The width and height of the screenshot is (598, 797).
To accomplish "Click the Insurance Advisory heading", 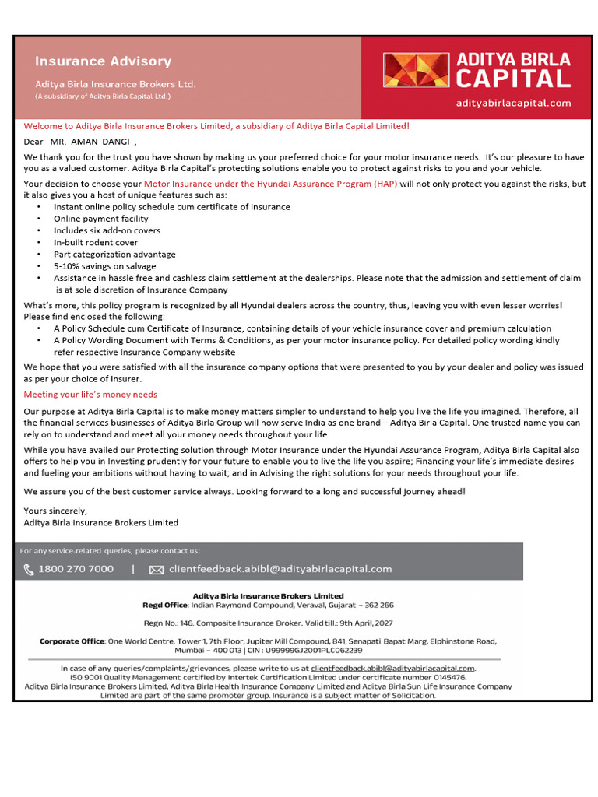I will pyautogui.click(x=103, y=61).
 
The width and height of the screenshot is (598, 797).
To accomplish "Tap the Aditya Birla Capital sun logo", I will pyautogui.click(x=416, y=70).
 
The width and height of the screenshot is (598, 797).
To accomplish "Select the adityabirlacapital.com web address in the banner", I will pyautogui.click(x=513, y=103).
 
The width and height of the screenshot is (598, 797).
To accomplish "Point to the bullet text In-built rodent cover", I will pyautogui.click(x=96, y=242).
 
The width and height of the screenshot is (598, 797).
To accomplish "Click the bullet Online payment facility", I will pyautogui.click(x=100, y=219).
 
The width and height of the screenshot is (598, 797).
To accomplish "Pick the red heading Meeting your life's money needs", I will pyautogui.click(x=90, y=395).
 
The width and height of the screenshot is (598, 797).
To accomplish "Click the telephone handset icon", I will pyautogui.click(x=29, y=570).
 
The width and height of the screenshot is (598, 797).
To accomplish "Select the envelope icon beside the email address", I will pyautogui.click(x=156, y=570).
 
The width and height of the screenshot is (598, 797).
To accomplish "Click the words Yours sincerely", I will pyautogui.click(x=55, y=511).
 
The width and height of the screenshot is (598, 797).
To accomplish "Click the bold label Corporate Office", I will pyautogui.click(x=72, y=641).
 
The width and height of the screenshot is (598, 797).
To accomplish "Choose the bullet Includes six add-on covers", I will pyautogui.click(x=107, y=230).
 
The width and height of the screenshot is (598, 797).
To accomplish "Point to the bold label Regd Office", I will pyautogui.click(x=164, y=605).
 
